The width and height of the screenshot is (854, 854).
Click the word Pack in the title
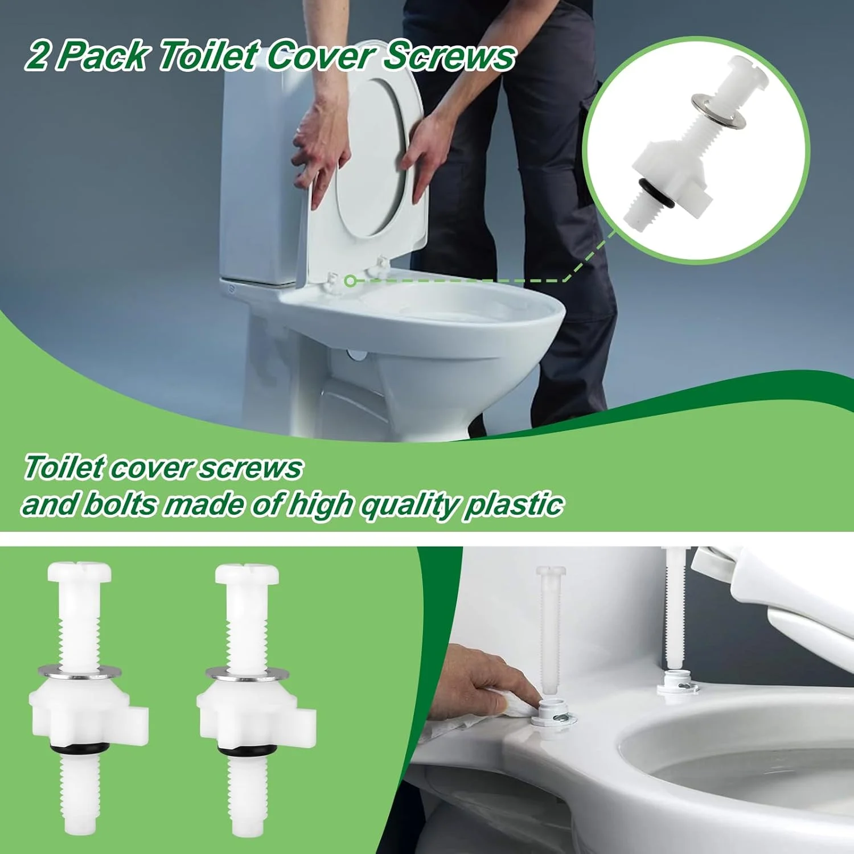tap(103, 56)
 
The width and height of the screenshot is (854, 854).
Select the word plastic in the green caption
tap(513, 505)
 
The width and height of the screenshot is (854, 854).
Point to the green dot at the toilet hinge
tap(351, 280)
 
